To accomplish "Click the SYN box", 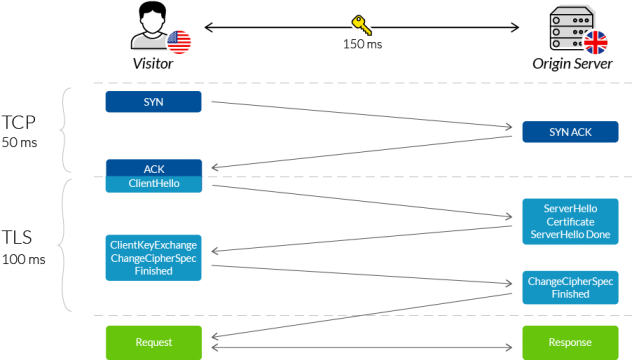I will coord(153,102).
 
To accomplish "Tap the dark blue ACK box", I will coord(153,168).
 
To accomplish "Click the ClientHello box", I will coord(153,184).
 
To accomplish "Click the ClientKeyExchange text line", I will coord(153,245).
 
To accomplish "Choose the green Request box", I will coord(153,342).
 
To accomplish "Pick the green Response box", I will coord(571,342).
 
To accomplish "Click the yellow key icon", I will coord(361,25).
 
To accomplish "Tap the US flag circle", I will coord(179,42).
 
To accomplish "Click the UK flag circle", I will coord(596,42).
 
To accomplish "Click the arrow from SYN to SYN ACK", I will coord(360,115).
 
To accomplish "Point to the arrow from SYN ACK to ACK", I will coord(360,152).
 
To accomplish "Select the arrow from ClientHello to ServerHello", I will coord(360,200).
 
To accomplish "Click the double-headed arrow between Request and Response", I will coord(360,348).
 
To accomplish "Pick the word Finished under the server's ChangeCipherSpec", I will coord(570,295).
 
